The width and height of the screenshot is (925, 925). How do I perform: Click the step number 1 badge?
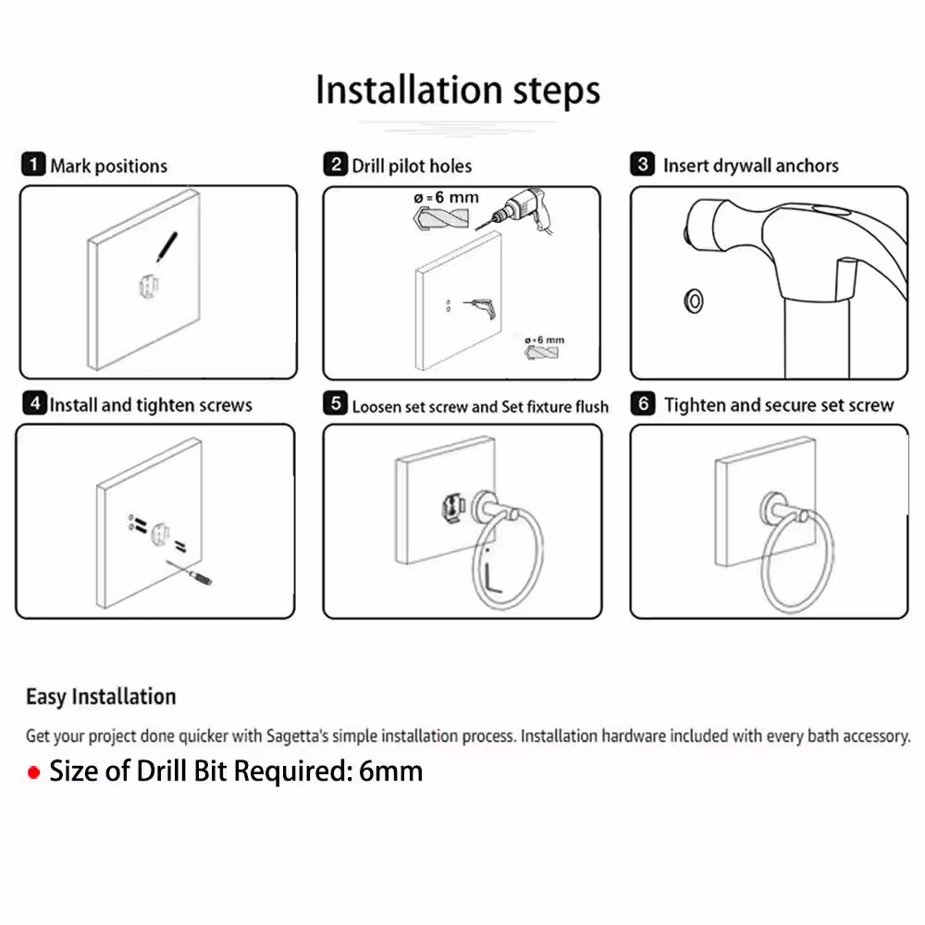(33, 164)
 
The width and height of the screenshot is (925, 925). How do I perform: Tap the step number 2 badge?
(336, 164)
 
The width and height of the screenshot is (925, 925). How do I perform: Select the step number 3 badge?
(643, 164)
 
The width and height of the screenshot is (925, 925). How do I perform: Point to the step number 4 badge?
(35, 403)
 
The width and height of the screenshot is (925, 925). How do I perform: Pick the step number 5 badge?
(336, 404)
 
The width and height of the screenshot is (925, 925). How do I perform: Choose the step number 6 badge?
(643, 404)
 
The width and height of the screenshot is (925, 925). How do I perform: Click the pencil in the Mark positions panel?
(166, 247)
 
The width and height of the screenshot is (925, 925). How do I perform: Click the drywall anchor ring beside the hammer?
(694, 302)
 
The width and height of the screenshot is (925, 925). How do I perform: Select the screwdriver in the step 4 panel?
(190, 573)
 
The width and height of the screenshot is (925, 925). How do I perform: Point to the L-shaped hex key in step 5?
(493, 576)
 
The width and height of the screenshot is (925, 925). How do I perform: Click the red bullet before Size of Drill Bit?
(33, 772)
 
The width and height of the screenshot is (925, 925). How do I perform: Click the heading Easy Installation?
(101, 697)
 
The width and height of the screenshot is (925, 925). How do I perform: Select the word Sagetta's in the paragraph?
(297, 736)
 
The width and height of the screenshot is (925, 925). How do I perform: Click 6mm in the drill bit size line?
(390, 771)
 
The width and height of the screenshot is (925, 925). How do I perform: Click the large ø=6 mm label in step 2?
(447, 198)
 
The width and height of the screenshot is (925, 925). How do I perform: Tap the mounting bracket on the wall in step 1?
(148, 287)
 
